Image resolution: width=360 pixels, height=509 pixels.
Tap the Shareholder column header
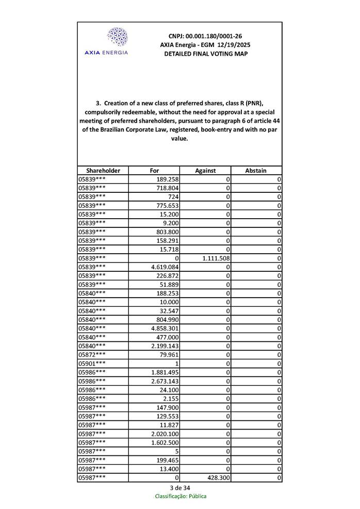coord(103,170)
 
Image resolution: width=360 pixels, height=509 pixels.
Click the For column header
coord(154,170)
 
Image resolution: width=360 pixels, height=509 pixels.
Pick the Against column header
coord(205,170)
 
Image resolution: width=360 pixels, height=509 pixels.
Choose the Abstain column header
coord(256,170)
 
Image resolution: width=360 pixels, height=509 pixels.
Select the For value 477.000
coord(167,337)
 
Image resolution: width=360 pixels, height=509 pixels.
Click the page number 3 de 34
coord(180,487)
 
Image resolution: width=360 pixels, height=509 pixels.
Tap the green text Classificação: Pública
coord(181,496)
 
